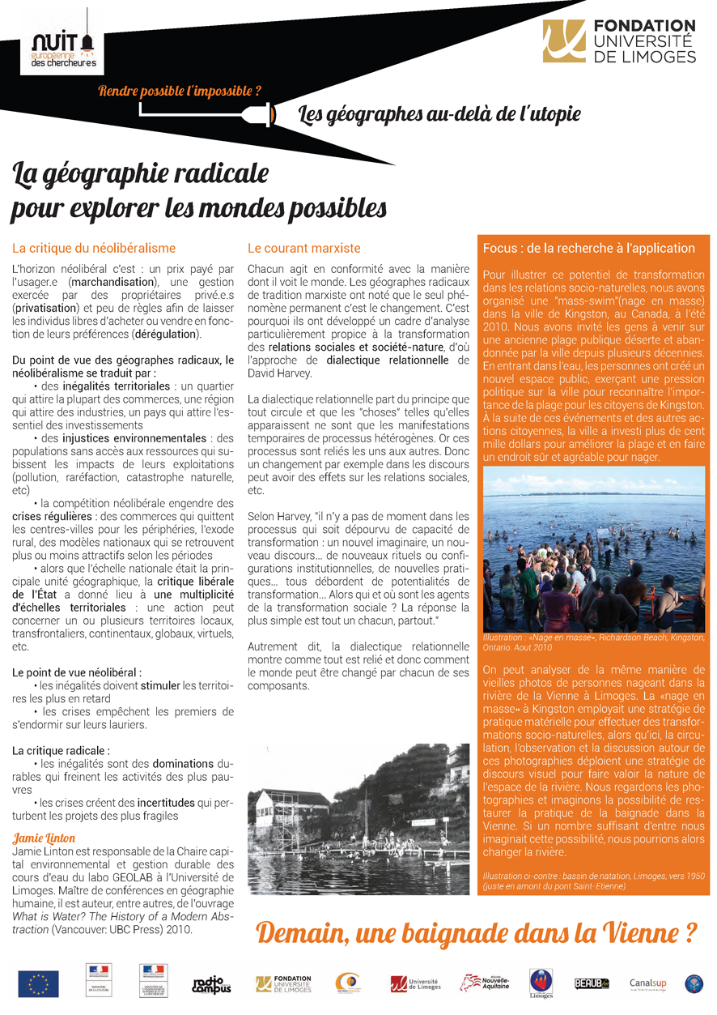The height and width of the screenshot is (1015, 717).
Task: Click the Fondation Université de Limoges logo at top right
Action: (619, 41)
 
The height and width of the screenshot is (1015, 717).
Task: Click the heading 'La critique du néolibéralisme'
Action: (94, 248)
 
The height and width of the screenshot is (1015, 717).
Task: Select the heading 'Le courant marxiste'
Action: (303, 248)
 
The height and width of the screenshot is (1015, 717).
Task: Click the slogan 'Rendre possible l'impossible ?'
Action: (179, 92)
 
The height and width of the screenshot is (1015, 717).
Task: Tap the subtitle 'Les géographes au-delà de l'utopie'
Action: (439, 114)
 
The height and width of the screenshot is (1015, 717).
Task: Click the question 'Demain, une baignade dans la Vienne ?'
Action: (476, 932)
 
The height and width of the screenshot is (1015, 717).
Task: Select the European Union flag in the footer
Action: (38, 983)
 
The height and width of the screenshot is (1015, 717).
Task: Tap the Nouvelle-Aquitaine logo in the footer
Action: (485, 983)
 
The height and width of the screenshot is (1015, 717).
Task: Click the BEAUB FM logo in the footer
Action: (590, 983)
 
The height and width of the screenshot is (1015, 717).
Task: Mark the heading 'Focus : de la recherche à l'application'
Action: (588, 248)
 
